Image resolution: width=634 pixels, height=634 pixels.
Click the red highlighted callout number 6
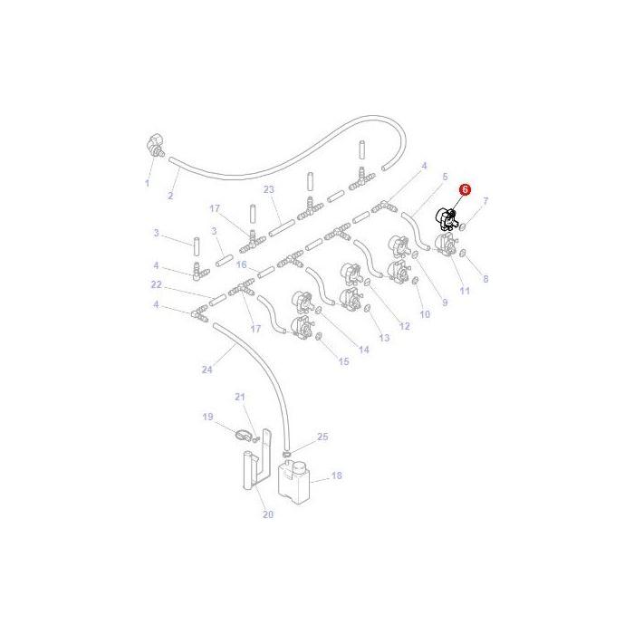click(x=466, y=190)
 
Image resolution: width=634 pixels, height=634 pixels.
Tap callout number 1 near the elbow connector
click(x=147, y=183)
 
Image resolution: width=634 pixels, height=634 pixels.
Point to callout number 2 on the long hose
click(x=171, y=196)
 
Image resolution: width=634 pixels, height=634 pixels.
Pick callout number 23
click(x=269, y=189)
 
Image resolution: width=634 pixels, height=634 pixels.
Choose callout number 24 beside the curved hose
click(x=207, y=369)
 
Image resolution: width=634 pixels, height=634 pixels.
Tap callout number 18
click(x=337, y=475)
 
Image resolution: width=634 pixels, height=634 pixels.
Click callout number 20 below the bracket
click(x=268, y=515)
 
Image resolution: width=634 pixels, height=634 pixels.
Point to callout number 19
click(x=207, y=417)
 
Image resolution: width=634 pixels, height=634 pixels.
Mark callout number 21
click(x=240, y=397)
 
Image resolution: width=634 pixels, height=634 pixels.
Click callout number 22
click(x=156, y=284)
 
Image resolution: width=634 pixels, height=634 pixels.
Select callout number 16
click(x=242, y=264)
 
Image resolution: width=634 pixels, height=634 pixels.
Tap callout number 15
click(x=343, y=361)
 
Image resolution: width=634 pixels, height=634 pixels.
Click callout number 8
click(x=485, y=279)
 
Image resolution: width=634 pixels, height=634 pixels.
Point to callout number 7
click(x=485, y=200)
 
